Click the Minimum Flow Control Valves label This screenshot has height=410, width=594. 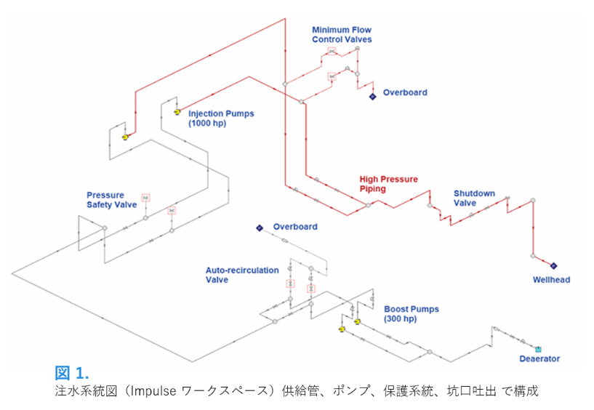click(x=342, y=34)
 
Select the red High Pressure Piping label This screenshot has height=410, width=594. click(x=389, y=184)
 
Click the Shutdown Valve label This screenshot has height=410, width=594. click(x=474, y=198)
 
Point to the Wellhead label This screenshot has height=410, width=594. click(x=551, y=280)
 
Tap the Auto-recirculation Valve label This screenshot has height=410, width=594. click(x=242, y=274)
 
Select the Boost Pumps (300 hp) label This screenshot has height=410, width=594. click(x=411, y=314)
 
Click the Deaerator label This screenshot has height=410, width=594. click(x=539, y=359)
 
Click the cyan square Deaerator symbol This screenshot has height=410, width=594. click(x=538, y=349)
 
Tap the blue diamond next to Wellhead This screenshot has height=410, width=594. click(x=553, y=266)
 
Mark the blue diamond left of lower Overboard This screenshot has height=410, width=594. click(x=259, y=228)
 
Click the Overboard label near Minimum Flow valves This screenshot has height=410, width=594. click(x=405, y=92)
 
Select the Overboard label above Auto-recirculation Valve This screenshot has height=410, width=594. click(x=295, y=227)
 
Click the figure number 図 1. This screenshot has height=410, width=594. click(x=72, y=374)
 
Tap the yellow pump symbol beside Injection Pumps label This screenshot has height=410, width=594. click(x=177, y=113)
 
